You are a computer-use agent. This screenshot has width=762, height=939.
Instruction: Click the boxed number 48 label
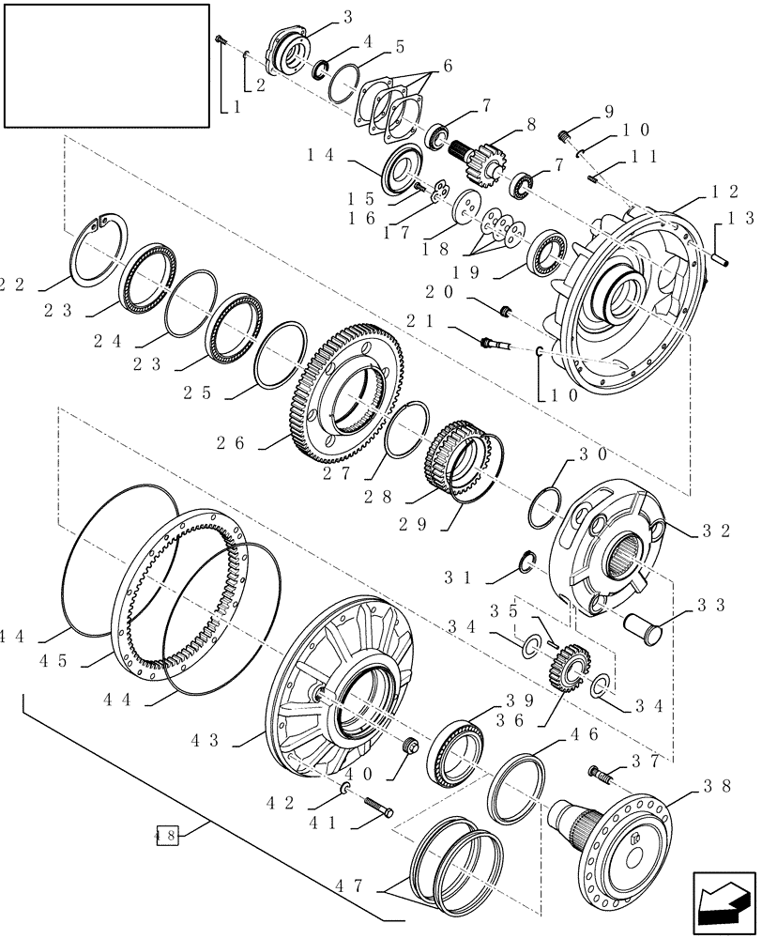166,831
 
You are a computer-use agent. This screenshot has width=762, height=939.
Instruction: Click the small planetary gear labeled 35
566,668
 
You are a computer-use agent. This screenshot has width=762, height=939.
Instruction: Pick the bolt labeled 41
375,807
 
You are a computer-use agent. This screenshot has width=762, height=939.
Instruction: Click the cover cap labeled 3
287,49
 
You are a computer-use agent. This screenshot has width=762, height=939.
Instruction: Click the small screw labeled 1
219,38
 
